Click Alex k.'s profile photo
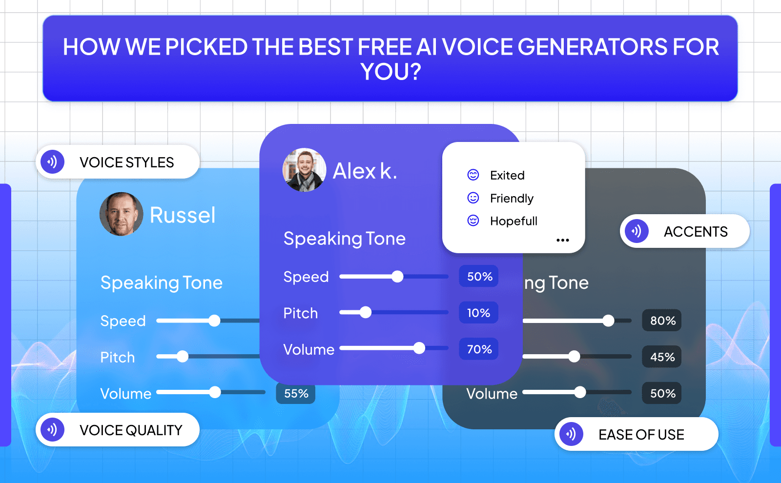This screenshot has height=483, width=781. click(304, 170)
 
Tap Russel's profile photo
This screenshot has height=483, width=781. click(121, 214)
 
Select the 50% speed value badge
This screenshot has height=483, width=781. click(479, 276)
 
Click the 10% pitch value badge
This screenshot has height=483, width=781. click(478, 313)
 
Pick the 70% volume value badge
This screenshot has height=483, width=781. click(479, 349)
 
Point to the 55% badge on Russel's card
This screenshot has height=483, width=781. click(296, 393)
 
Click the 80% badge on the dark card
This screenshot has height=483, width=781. click(662, 321)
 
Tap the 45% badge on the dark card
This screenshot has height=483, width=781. click(662, 357)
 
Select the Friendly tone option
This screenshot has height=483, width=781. click(511, 198)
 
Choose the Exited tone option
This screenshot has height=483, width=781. click(507, 175)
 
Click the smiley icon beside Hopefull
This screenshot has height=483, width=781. click(473, 221)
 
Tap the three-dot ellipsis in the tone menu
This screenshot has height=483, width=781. click(562, 240)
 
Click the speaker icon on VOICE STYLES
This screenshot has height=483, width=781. click(53, 161)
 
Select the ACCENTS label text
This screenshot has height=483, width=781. click(695, 232)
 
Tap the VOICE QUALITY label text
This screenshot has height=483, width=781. click(131, 430)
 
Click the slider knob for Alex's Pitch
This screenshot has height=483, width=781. click(366, 312)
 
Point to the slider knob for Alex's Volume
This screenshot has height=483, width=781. click(419, 348)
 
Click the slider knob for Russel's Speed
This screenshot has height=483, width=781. click(214, 321)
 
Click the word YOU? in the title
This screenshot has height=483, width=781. click(390, 72)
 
